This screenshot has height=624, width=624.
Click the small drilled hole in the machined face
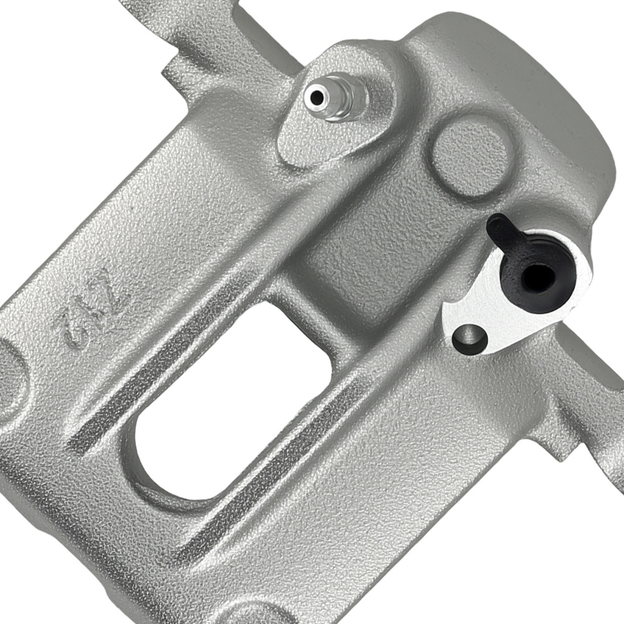click(469, 339)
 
